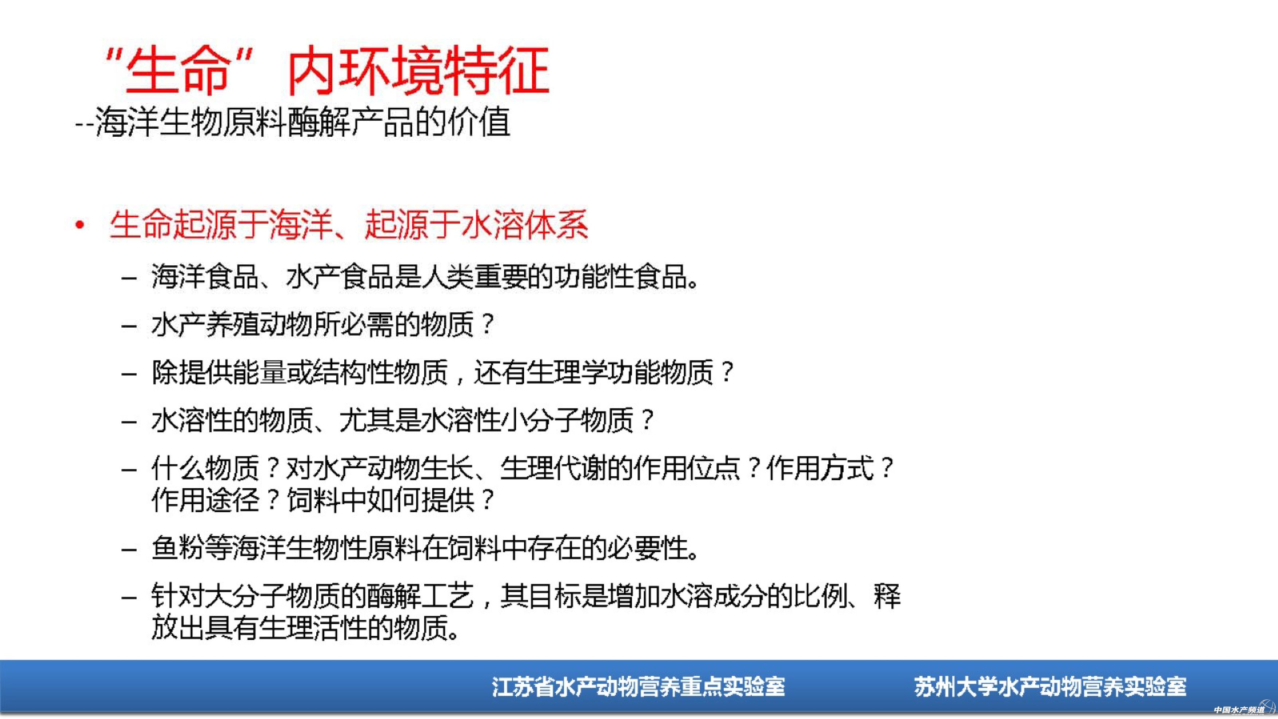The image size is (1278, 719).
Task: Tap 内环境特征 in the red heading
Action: (x=418, y=70)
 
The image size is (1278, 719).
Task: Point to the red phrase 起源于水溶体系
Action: (x=476, y=225)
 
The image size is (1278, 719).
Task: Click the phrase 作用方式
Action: (x=820, y=468)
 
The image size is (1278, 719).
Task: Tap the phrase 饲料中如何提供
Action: (x=380, y=500)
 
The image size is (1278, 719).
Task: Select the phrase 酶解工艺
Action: (x=420, y=596)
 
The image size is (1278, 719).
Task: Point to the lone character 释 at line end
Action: (x=887, y=596)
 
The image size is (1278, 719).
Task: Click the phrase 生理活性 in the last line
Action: (x=313, y=628)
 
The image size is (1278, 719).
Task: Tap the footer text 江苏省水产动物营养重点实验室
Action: (x=638, y=687)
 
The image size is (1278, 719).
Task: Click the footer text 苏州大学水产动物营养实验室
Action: (x=1050, y=687)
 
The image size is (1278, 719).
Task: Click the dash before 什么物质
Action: (x=129, y=469)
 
